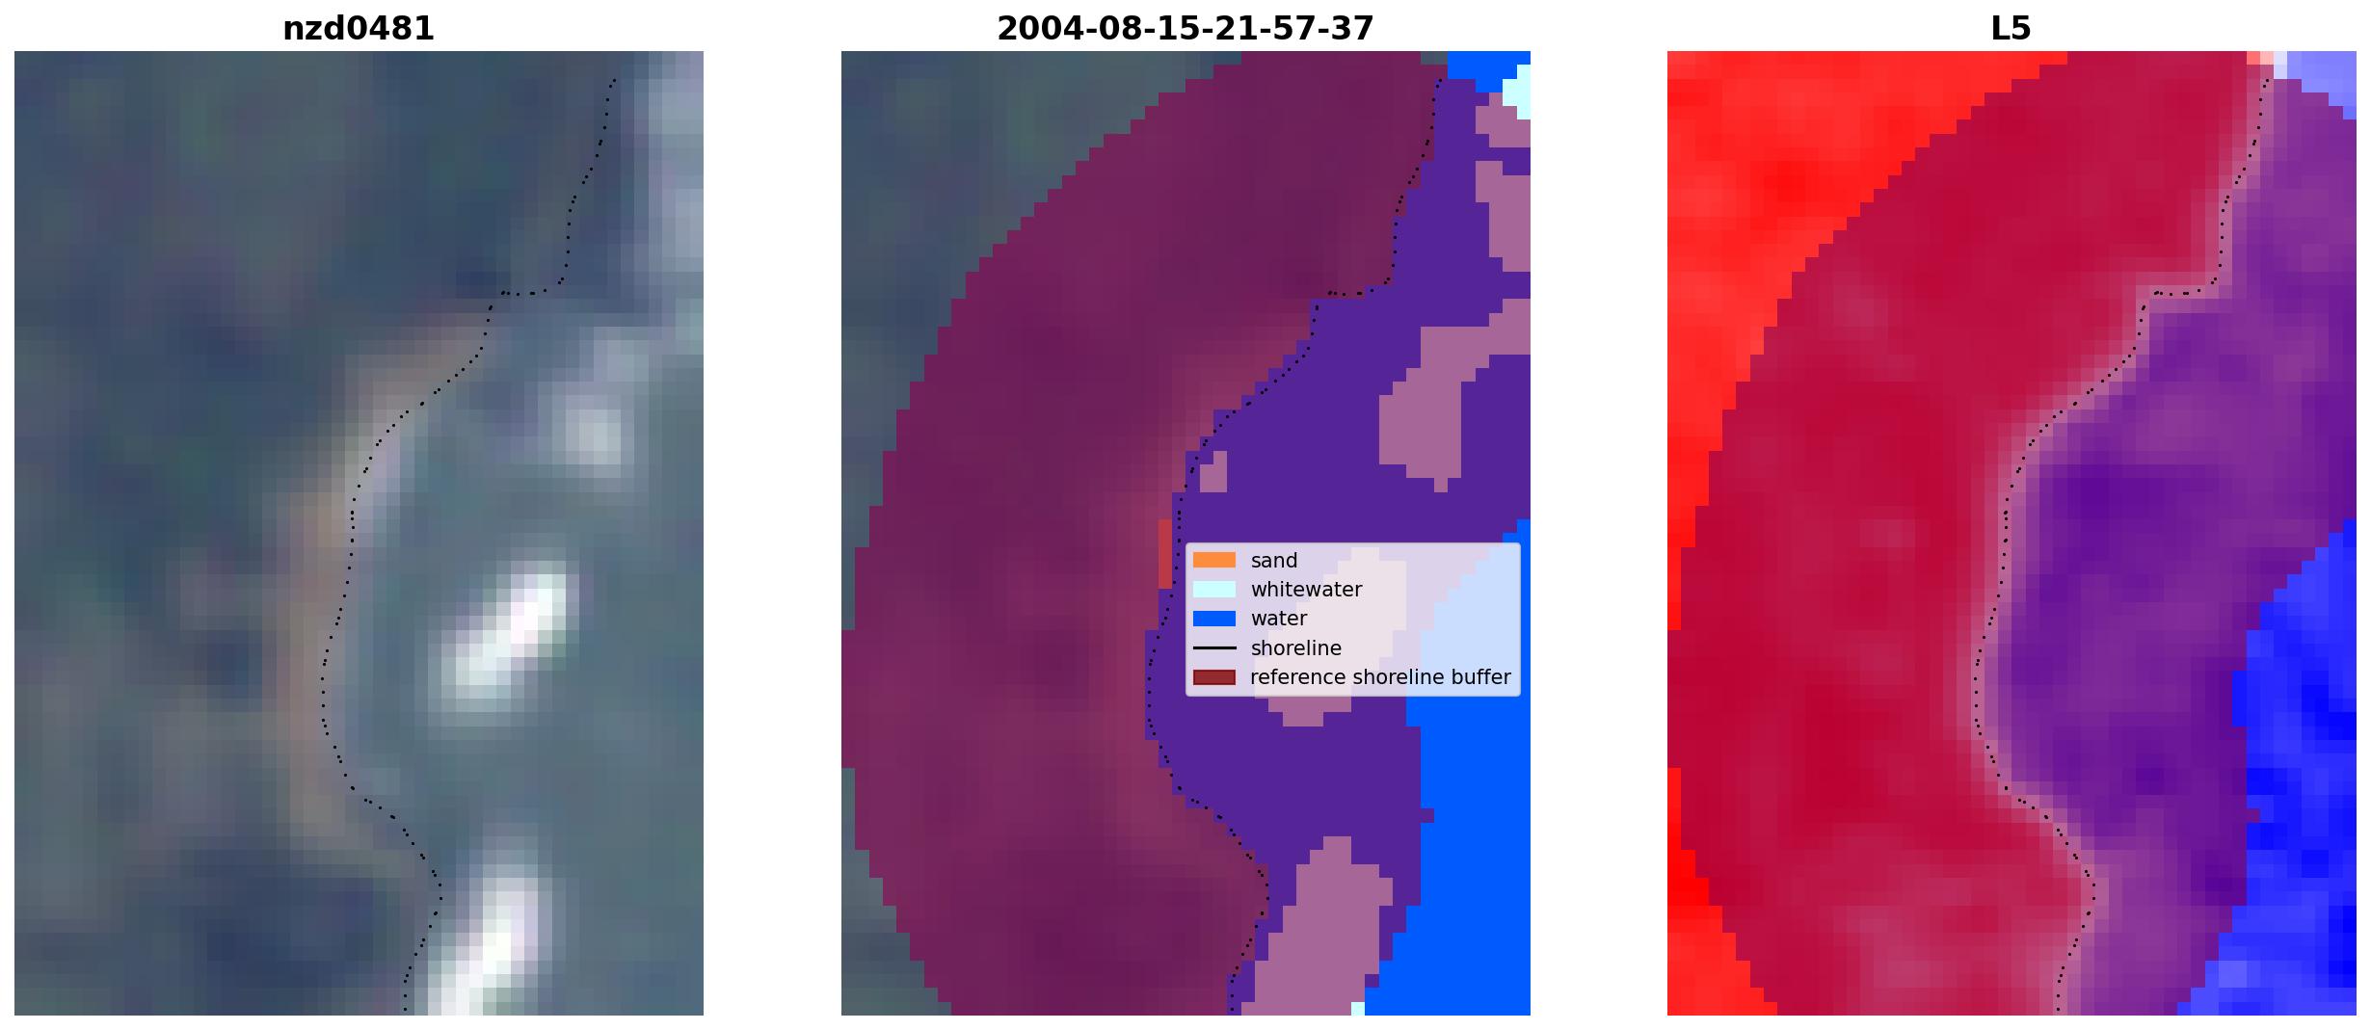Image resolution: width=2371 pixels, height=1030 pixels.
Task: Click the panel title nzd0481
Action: (x=359, y=29)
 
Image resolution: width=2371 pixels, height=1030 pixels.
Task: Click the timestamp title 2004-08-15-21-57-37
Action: (x=1185, y=29)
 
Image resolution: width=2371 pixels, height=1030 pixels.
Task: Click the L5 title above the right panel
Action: (x=2011, y=29)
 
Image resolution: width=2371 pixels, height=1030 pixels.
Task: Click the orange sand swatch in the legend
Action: (x=1214, y=560)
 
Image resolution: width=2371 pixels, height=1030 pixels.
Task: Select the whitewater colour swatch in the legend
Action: (x=1214, y=589)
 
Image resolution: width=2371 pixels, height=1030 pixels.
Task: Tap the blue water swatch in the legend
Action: (x=1214, y=619)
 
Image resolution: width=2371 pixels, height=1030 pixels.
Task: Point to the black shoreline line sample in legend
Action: (x=1214, y=647)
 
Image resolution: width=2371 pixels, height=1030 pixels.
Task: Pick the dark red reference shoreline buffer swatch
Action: (x=1214, y=677)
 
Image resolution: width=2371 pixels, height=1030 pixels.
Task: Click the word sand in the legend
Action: (x=1274, y=561)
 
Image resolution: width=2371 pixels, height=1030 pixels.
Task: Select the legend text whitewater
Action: (x=1306, y=590)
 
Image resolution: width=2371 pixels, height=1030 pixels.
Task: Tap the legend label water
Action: (x=1279, y=619)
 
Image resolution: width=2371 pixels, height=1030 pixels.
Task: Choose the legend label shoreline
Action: (x=1296, y=648)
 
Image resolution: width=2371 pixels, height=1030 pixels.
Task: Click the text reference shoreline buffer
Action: (x=1380, y=677)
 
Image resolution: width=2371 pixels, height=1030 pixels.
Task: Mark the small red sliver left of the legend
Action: (x=1165, y=553)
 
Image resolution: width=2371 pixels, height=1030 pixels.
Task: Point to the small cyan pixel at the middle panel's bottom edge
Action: (x=1358, y=1009)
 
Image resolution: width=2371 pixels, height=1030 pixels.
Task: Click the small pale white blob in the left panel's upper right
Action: (x=590, y=434)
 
